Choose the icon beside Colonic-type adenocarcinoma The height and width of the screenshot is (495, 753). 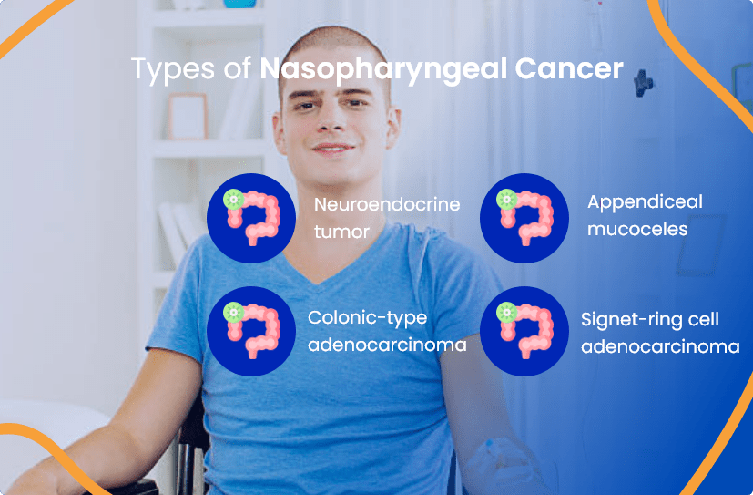pyautogui.click(x=250, y=331)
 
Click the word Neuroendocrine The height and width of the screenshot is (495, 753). pyautogui.click(x=387, y=204)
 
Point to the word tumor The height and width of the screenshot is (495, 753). pyautogui.click(x=341, y=232)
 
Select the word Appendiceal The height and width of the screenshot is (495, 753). pyautogui.click(x=645, y=202)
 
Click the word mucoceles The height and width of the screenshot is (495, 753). pyautogui.click(x=636, y=229)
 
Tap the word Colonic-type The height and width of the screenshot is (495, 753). pyautogui.click(x=367, y=318)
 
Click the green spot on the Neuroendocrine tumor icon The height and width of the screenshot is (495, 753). pyautogui.click(x=234, y=198)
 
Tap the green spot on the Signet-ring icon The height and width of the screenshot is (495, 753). pyautogui.click(x=506, y=312)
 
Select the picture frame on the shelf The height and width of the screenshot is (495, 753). pyautogui.click(x=188, y=116)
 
